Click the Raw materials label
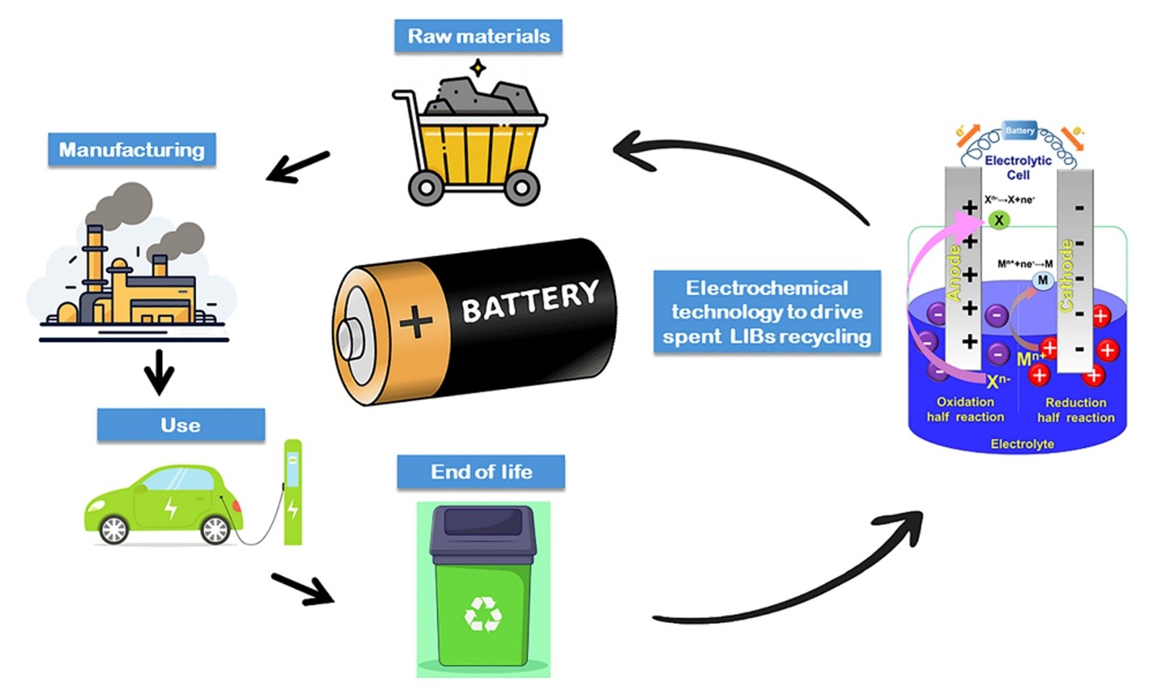[478, 36]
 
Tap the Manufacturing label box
[131, 150]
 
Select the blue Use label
[181, 425]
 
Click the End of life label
[481, 472]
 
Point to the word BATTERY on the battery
[530, 301]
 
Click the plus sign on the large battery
[416, 322]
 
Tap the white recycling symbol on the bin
[483, 614]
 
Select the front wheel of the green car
[216, 530]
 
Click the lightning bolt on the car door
[171, 507]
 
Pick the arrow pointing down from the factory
[159, 372]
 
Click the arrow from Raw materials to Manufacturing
[297, 167]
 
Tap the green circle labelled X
[998, 220]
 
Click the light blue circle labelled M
[1042, 280]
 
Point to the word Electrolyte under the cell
[1022, 444]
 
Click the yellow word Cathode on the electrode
[1066, 275]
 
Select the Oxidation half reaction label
[965, 409]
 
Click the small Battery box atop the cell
[1019, 130]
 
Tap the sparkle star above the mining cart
[478, 67]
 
